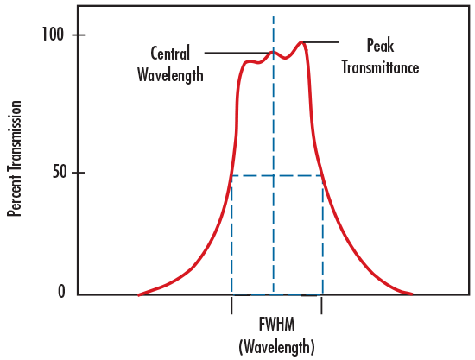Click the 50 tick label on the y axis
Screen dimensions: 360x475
point(54,172)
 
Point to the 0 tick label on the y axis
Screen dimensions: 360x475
point(60,292)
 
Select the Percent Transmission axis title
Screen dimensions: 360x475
point(15,160)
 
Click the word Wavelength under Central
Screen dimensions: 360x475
point(170,74)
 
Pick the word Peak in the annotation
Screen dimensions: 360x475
point(381,45)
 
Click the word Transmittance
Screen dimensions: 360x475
point(381,66)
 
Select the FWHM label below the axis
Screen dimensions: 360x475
point(276,325)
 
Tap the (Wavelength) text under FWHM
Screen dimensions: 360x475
point(276,346)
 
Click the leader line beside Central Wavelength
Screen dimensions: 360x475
point(238,54)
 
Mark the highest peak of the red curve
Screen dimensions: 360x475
point(302,41)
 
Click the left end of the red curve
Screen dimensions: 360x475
point(139,294)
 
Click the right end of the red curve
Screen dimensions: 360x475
point(412,294)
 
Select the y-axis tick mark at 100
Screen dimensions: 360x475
point(75,35)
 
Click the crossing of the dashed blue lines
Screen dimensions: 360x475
point(274,176)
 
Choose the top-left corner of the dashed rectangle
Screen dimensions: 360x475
point(231,176)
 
